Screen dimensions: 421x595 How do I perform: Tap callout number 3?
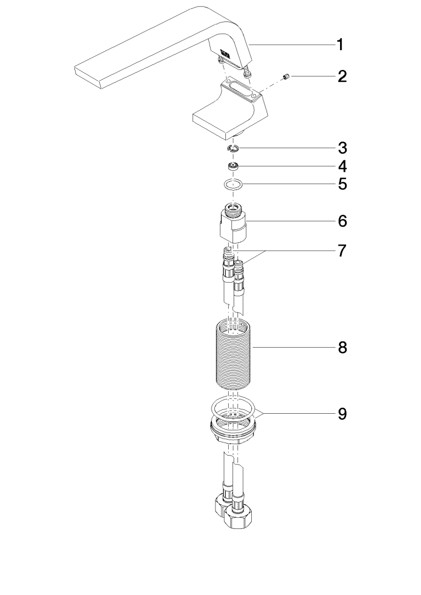[x=342, y=148]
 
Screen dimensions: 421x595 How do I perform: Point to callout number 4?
[x=342, y=166]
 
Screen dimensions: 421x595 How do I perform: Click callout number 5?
[x=342, y=184]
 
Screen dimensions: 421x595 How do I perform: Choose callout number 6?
[x=342, y=220]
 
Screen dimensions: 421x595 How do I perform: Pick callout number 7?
[x=342, y=251]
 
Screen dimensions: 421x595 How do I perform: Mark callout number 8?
[x=342, y=347]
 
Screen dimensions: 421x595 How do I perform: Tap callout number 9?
[x=342, y=414]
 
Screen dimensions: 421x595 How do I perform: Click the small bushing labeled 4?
[x=233, y=166]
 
